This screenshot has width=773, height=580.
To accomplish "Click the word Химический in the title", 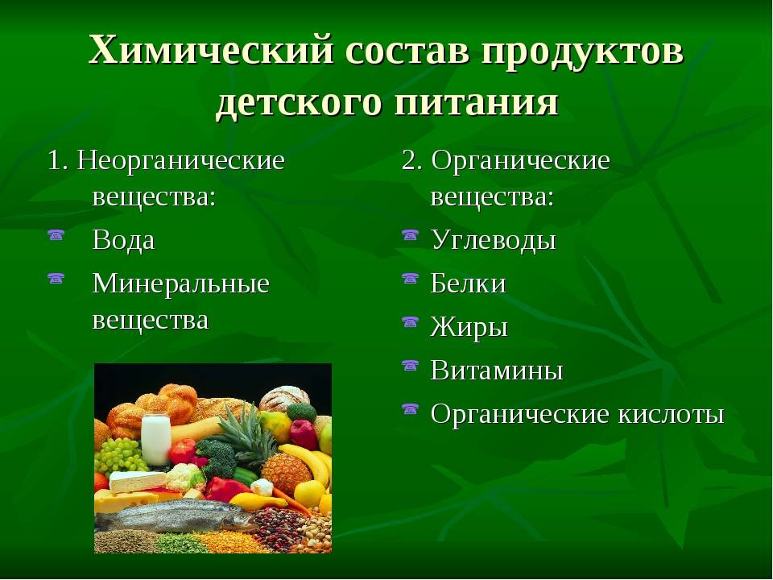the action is [211, 50].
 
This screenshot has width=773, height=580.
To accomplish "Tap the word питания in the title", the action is [476, 102].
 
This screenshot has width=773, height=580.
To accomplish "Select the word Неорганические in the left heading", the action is [181, 161].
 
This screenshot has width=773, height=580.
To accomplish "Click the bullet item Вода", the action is [124, 240].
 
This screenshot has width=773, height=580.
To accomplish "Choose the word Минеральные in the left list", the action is [181, 284].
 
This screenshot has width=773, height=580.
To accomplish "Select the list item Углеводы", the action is [494, 241].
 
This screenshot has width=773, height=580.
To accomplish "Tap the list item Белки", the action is [469, 284].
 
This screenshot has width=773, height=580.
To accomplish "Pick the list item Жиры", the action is [469, 327].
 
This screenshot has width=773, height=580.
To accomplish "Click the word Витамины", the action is [497, 371].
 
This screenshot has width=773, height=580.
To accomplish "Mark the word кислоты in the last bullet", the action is [671, 414].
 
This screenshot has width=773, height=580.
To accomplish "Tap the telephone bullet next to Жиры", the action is [410, 322].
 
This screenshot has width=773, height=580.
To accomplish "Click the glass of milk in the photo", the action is [155, 439].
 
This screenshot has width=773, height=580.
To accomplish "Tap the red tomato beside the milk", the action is [183, 451].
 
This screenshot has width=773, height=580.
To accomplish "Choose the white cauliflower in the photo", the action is [185, 477].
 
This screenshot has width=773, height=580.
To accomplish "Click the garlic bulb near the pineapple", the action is [262, 487].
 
